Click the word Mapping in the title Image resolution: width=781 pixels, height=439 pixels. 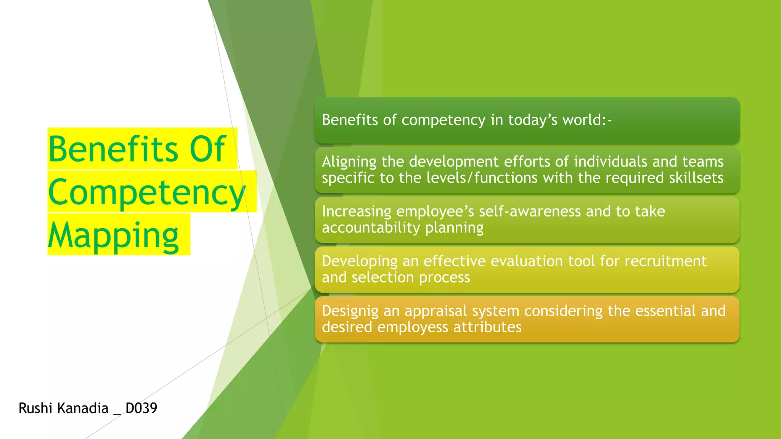113,236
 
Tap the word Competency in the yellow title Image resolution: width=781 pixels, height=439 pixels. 147,192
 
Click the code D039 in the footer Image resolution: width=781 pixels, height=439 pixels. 141,408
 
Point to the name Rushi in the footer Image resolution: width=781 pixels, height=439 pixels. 35,408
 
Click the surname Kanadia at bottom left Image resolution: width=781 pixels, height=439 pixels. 82,408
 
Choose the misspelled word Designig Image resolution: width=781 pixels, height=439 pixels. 350,311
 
